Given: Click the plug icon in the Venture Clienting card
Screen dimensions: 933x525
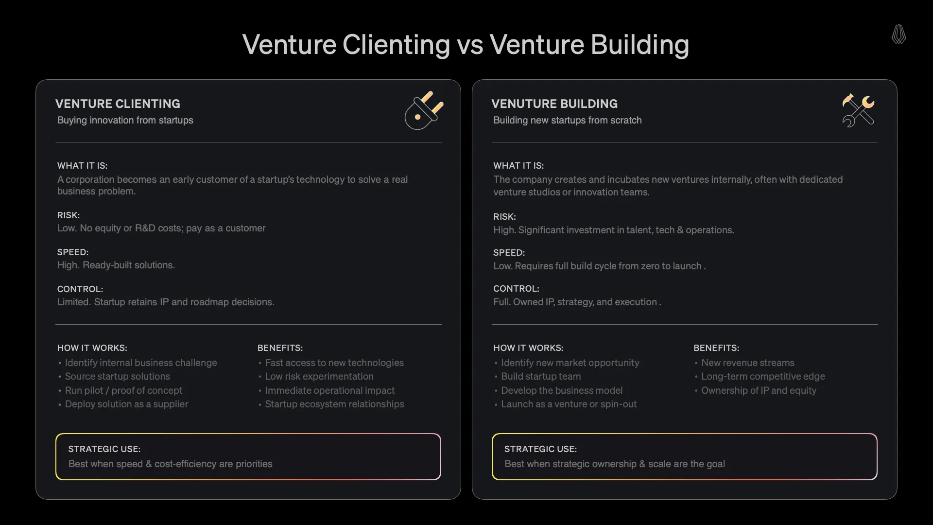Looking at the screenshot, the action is point(424,111).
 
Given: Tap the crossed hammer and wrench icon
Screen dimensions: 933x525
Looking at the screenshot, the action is point(858,110).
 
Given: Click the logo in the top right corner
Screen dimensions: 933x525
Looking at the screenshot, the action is point(898,35).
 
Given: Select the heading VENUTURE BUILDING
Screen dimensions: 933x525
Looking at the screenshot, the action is point(554,104).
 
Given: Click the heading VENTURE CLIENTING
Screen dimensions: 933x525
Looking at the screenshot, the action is point(118,104).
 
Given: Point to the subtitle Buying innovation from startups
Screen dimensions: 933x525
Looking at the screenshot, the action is point(125,120).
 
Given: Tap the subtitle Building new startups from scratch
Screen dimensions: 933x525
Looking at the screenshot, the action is point(567,120).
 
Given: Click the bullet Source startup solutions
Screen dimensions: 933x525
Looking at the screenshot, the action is point(117,376).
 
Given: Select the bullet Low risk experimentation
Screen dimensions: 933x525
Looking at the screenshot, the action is point(319,376).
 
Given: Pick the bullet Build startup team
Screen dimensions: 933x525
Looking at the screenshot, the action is point(541,376).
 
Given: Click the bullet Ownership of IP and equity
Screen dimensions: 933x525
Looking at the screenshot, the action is point(759,390).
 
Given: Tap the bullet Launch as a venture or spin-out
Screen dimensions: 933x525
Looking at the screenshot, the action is point(569,404).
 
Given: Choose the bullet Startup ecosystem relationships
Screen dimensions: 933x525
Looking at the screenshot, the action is point(334,404).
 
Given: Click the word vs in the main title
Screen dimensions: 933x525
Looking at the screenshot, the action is point(469,45).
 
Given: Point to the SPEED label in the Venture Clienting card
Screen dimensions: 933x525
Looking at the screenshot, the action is point(73,252).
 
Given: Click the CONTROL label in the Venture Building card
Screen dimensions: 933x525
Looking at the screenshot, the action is point(516,289).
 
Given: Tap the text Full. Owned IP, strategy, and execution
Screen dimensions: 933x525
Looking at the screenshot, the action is point(577,302).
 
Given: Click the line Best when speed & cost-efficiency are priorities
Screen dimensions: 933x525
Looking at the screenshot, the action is point(170,464).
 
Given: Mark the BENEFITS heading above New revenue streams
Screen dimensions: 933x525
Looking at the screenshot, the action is point(716,348).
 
